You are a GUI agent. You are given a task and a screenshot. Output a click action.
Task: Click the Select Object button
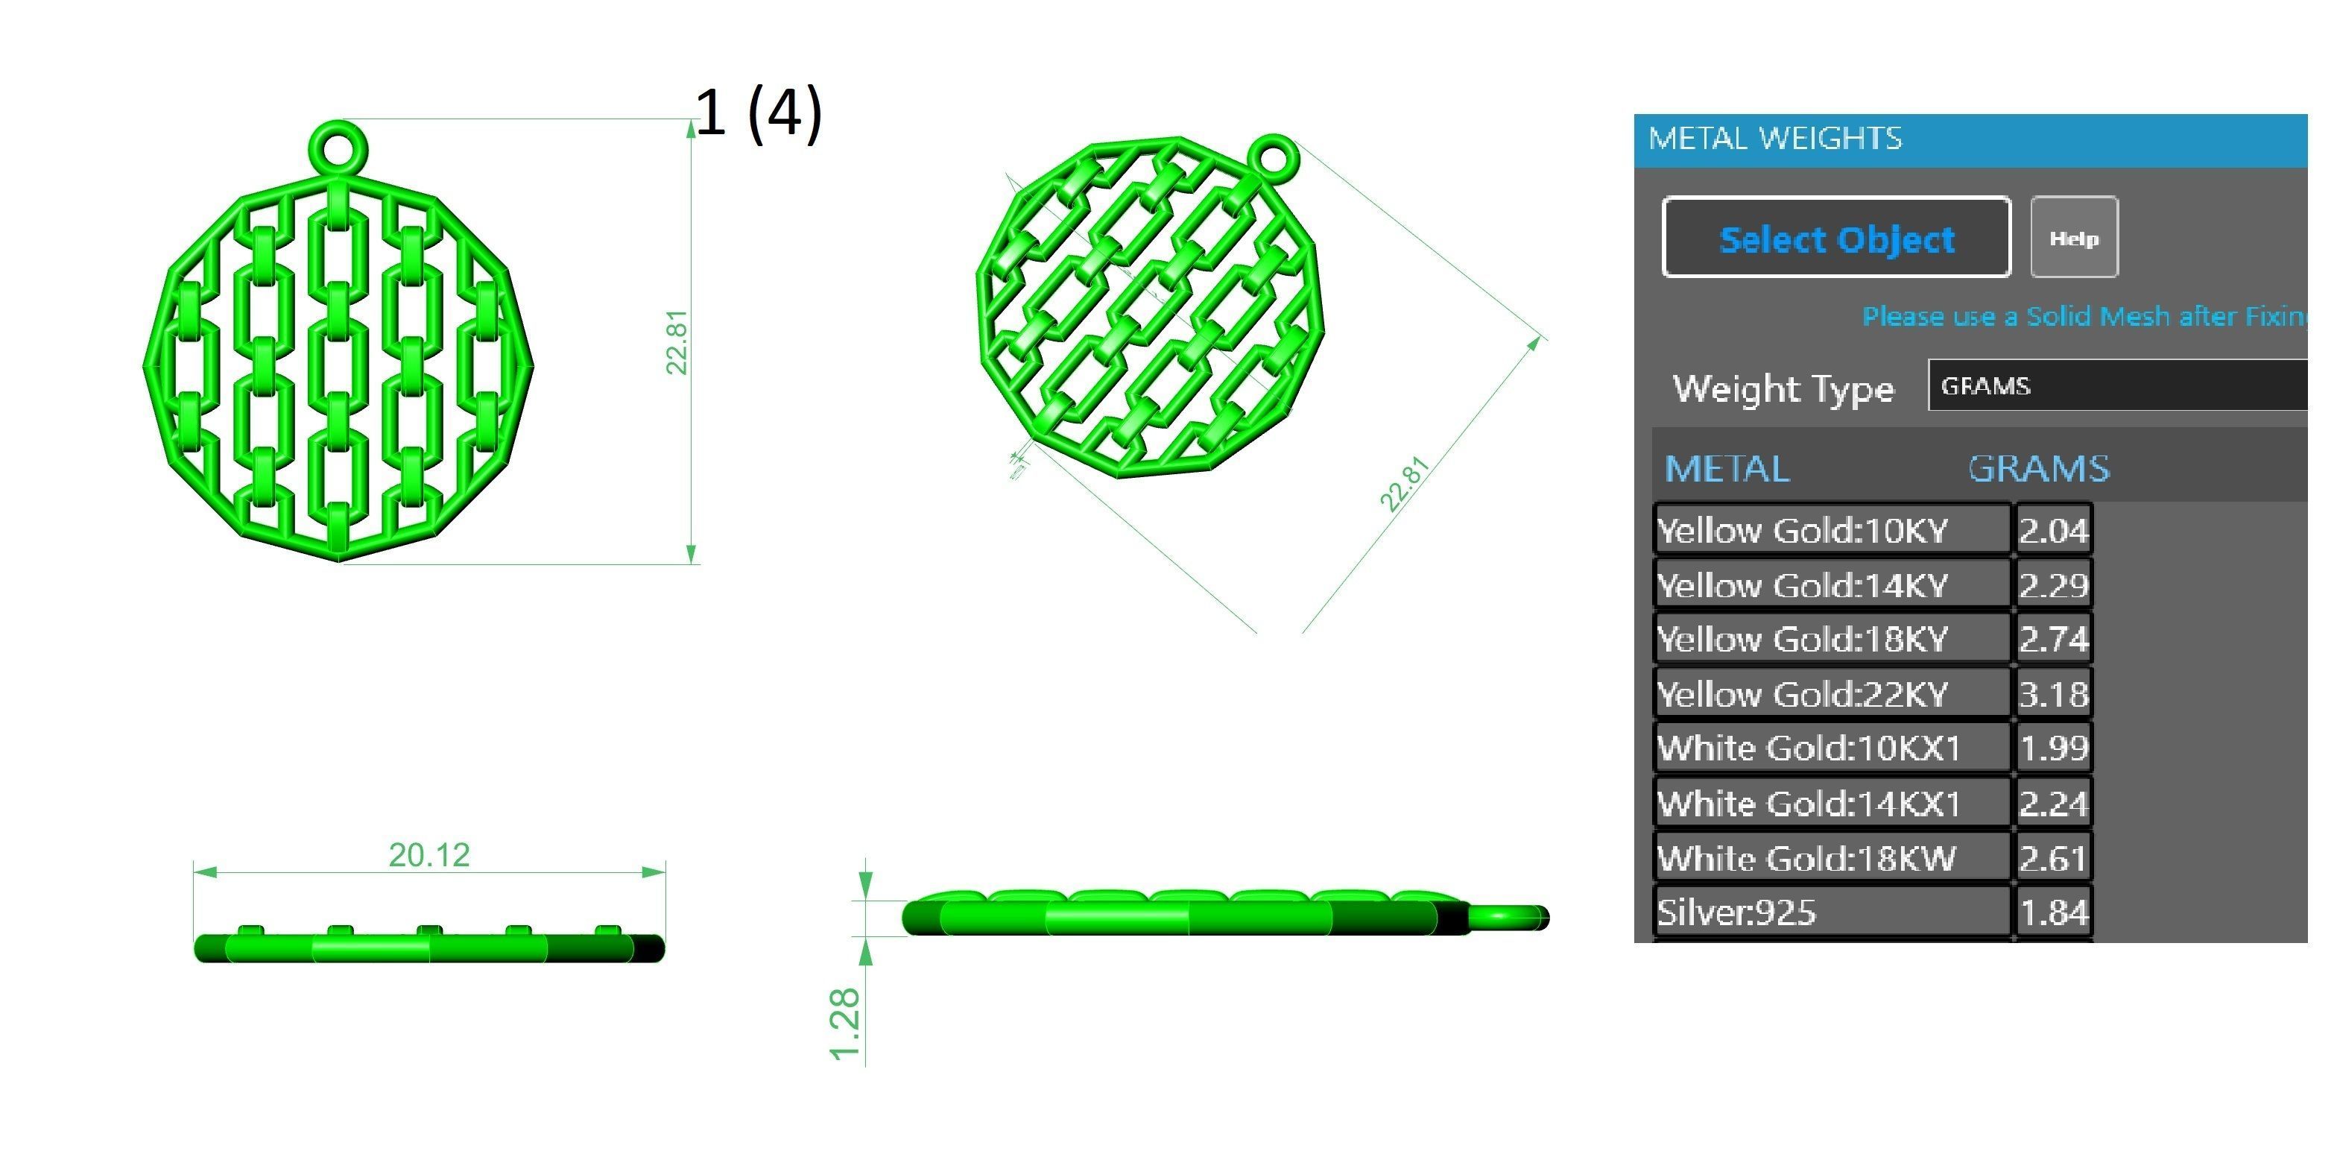pos(1835,238)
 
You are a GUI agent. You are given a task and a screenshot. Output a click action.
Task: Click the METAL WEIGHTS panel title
pos(1774,139)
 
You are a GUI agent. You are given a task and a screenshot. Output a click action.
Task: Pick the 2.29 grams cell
pos(2054,585)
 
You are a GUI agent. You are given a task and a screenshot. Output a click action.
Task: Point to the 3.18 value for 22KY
pos(2054,694)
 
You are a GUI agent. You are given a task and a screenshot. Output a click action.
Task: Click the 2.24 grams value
pos(2054,803)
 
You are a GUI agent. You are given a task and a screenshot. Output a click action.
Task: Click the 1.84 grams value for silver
pos(2054,912)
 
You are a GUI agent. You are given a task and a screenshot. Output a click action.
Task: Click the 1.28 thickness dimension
pos(844,1024)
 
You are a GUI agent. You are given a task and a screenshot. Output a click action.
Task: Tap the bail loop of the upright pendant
pos(338,146)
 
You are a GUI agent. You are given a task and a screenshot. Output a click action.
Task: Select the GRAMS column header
pos(2037,469)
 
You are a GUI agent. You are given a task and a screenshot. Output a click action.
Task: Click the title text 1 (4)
pos(759,113)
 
